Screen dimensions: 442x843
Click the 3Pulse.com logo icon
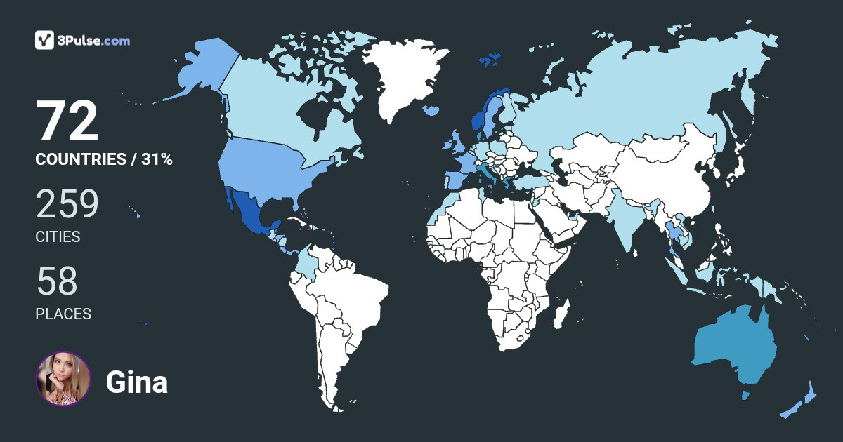pyautogui.click(x=45, y=40)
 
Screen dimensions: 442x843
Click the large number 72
pyautogui.click(x=67, y=121)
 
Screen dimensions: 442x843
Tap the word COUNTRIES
pyautogui.click(x=80, y=159)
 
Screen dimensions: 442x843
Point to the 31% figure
pyautogui.click(x=157, y=159)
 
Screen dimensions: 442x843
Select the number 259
pyautogui.click(x=67, y=205)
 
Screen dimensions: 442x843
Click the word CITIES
pyautogui.click(x=58, y=237)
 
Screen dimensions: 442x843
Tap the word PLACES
pyautogui.click(x=63, y=314)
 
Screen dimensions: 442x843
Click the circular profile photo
pyautogui.click(x=63, y=379)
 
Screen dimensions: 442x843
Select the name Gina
pyautogui.click(x=136, y=382)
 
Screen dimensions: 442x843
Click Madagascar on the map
pyautogui.click(x=560, y=316)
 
